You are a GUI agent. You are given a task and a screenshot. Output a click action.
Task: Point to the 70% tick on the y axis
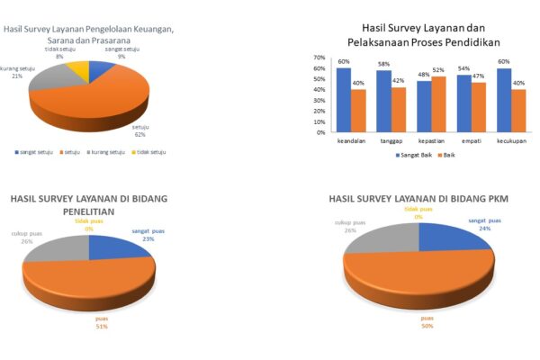click(x=319, y=58)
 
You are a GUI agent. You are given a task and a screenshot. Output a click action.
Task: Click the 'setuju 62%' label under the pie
click(x=140, y=133)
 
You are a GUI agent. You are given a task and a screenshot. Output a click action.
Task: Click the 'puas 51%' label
click(x=101, y=321)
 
